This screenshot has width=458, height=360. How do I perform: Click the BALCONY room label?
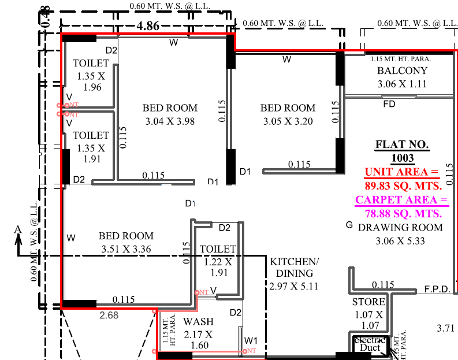pyautogui.click(x=403, y=71)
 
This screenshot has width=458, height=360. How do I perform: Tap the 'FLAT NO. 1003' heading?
pyautogui.click(x=403, y=151)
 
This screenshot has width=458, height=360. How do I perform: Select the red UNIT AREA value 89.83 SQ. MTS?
pyautogui.click(x=403, y=185)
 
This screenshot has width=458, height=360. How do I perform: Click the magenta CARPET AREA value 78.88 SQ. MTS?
pyautogui.click(x=403, y=213)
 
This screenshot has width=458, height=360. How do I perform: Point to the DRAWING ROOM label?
pyautogui.click(x=400, y=228)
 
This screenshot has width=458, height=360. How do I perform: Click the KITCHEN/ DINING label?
pyautogui.click(x=291, y=268)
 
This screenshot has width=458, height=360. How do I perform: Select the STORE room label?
pyautogui.click(x=368, y=302)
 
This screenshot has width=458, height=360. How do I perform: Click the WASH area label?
pyautogui.click(x=198, y=322)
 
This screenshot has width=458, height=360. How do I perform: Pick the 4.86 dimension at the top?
pyautogui.click(x=148, y=26)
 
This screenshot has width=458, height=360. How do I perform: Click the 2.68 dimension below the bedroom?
pyautogui.click(x=109, y=315)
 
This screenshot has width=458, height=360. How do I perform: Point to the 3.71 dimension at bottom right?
pyautogui.click(x=446, y=328)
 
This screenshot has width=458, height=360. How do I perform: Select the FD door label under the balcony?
pyautogui.click(x=390, y=105)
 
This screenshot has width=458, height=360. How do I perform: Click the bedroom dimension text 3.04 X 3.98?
pyautogui.click(x=170, y=121)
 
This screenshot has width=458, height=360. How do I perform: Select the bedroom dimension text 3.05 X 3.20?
pyautogui.click(x=288, y=121)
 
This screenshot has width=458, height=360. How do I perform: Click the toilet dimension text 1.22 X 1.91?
pyautogui.click(x=218, y=268)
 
